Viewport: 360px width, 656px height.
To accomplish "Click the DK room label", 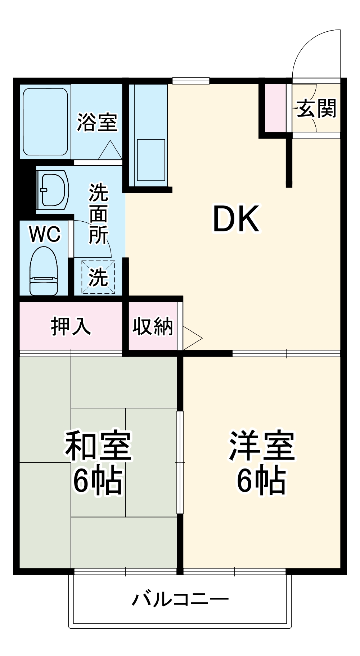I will tap(236, 218).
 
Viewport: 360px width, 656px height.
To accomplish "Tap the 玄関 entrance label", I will tap(316, 108).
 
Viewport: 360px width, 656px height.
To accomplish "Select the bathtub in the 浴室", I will tap(45, 122).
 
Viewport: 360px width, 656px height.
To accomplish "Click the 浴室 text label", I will tap(97, 122).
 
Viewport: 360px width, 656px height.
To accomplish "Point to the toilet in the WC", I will tap(44, 272).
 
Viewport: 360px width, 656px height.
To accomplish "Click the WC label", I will tap(45, 235).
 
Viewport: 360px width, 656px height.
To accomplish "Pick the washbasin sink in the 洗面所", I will tap(53, 189).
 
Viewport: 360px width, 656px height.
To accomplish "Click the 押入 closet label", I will tap(71, 326).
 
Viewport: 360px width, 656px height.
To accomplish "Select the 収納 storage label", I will tap(153, 326).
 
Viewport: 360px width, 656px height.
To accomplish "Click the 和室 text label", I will tap(98, 446).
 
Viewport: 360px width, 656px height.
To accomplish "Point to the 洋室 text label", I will tap(262, 446).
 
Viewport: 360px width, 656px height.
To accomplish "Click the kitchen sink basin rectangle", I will tap(151, 160).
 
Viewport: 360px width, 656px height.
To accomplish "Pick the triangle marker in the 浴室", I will tap(110, 151).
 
